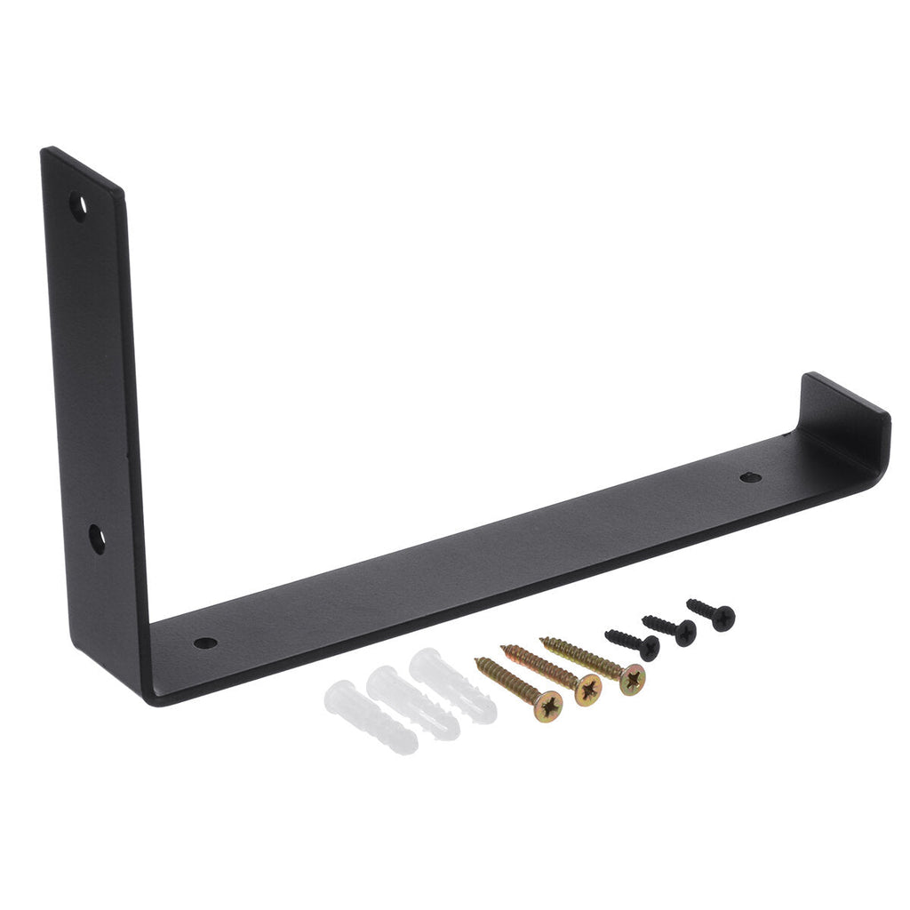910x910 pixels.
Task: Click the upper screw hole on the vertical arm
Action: click(80, 207)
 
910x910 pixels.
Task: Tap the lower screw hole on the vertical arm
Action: click(96, 538)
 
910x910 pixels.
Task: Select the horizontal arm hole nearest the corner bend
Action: click(204, 643)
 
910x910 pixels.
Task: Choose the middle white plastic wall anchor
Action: click(412, 702)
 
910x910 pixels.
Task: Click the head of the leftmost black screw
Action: click(649, 647)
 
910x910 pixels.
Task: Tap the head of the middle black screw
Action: click(684, 632)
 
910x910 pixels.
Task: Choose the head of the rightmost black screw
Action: click(722, 617)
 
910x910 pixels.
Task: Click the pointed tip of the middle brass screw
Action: click(504, 648)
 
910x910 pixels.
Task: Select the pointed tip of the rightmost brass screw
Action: click(543, 639)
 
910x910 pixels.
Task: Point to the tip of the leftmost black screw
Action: click(607, 634)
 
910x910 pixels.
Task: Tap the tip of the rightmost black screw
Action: click(689, 603)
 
